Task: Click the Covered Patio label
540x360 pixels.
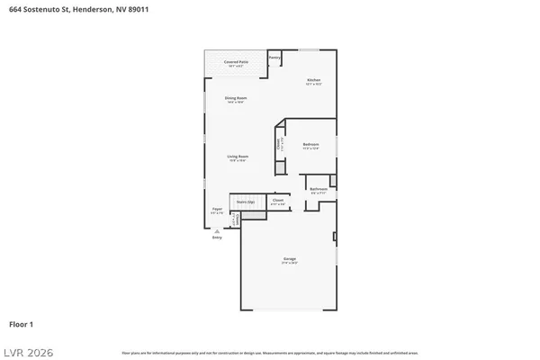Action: [237, 62]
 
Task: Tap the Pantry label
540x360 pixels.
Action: [274, 58]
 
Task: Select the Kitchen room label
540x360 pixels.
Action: [313, 80]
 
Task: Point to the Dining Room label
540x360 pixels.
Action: [236, 97]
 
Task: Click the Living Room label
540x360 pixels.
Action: [238, 157]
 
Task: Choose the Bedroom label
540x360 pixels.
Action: [310, 144]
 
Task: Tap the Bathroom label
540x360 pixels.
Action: [319, 189]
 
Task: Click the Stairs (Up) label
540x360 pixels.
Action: [245, 202]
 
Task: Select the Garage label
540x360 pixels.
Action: [290, 259]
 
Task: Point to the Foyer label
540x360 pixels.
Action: [217, 209]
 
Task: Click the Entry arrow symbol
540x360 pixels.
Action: [217, 230]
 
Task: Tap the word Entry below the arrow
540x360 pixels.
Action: [217, 238]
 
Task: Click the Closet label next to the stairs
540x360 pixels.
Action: [278, 200]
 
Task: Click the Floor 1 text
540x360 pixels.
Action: [22, 323]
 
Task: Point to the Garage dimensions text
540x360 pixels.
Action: [290, 264]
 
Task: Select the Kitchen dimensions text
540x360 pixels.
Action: [313, 85]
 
